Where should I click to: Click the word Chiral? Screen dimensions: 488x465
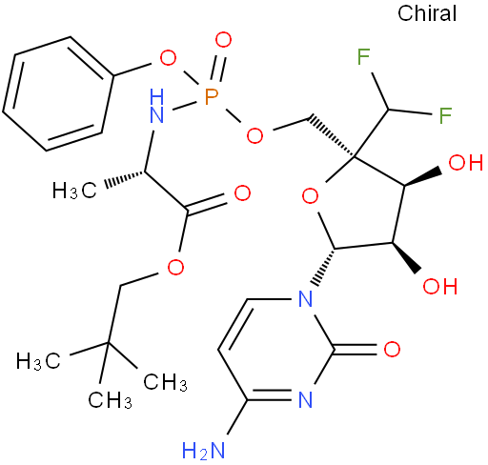coord(427,13)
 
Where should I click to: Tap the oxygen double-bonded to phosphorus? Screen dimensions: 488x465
coord(223,40)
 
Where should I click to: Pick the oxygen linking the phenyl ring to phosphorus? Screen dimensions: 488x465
coord(168,58)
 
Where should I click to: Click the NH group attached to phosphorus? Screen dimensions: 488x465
coord(156,106)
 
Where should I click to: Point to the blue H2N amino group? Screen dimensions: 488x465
coord(204,450)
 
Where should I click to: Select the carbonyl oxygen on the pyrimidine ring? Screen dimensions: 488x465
coord(392,349)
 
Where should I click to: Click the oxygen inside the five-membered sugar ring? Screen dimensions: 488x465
coord(310,196)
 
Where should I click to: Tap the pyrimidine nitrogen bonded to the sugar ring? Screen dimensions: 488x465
coord(306,298)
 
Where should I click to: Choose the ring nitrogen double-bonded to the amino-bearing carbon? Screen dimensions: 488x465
coord(306,399)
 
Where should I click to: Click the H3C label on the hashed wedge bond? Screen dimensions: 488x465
coord(74,191)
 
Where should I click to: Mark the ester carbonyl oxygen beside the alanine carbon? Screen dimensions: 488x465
coord(242,192)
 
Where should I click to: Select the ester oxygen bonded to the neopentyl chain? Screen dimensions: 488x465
coord(175,267)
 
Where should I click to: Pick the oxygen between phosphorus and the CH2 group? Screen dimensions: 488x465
coord(254,135)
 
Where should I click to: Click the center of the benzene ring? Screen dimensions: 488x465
coord(58,94)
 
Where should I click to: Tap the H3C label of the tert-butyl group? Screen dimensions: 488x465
coord(38,361)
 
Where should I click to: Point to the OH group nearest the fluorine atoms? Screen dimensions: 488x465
coord(466,162)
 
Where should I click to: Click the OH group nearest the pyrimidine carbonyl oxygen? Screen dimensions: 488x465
coord(440,286)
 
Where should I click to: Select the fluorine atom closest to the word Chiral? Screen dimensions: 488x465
coord(363,56)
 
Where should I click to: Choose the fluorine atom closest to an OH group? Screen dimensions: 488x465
coord(445,115)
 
